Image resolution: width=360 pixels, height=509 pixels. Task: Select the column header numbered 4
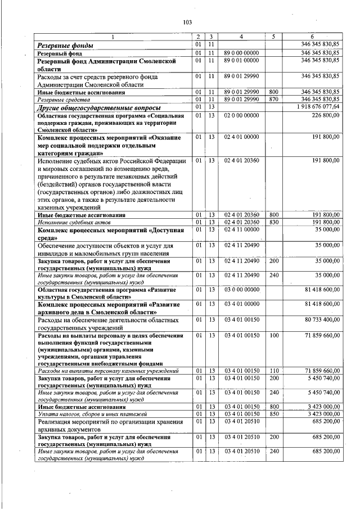coord(241,37)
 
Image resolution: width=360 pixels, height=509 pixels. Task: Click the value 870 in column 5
coord(274,99)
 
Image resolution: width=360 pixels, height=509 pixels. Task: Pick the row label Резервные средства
coord(62,100)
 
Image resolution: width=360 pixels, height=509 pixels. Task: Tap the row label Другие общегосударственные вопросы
coord(99,107)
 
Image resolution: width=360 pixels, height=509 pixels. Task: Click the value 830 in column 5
coord(274,222)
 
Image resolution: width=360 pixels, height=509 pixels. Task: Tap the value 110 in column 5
coord(274,371)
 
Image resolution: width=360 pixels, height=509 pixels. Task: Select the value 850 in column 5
coord(274,413)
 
